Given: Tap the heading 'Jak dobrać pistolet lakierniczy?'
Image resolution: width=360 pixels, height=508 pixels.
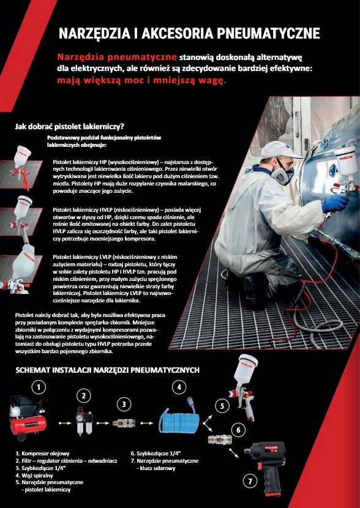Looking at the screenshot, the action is click(70, 126).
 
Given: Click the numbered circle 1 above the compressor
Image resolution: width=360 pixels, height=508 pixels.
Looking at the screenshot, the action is click(39, 387).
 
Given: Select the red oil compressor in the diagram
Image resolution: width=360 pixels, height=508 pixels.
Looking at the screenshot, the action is click(28, 417).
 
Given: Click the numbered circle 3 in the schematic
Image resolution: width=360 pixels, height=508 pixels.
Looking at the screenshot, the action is click(124, 405).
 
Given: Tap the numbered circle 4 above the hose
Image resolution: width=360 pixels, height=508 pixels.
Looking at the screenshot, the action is click(179, 387).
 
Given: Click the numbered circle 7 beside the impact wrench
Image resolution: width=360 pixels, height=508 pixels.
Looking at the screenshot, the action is click(250, 482).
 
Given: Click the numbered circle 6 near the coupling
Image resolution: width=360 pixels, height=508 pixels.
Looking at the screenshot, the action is click(239, 430).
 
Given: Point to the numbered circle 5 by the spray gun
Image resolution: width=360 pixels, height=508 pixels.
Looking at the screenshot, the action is click(222, 406).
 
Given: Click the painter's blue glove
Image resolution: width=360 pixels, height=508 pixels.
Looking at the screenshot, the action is click(335, 203).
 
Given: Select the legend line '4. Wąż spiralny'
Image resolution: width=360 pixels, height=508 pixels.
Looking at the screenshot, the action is click(34, 476).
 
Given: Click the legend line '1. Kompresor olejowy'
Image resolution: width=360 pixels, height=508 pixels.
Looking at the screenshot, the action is click(42, 454).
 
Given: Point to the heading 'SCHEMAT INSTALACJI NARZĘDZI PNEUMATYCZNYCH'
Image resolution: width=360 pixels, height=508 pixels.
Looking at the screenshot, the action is click(107, 370).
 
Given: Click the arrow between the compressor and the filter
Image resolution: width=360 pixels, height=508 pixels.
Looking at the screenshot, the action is click(64, 423).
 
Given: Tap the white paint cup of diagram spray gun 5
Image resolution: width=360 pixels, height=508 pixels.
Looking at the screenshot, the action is click(246, 368).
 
